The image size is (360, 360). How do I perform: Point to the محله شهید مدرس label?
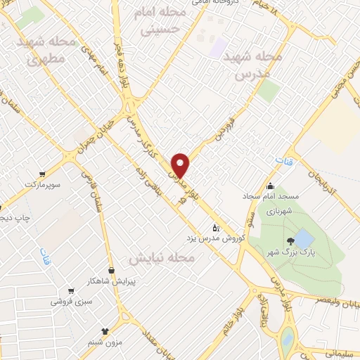pyautogui.click(x=252, y=65)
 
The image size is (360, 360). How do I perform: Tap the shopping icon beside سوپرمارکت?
pyautogui.click(x=44, y=174)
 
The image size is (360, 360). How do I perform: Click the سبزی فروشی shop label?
pyautogui.click(x=70, y=301)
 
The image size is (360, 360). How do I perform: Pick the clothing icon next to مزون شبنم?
pyautogui.click(x=105, y=330)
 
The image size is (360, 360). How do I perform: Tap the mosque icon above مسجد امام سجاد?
pyautogui.click(x=271, y=186)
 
